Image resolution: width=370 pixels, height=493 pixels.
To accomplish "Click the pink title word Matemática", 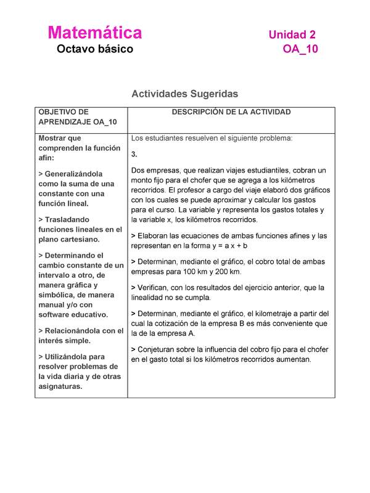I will [x=95, y=32].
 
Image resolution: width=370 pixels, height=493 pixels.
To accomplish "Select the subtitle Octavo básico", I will [x=95, y=49].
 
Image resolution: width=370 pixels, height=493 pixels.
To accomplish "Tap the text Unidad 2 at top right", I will [x=292, y=35].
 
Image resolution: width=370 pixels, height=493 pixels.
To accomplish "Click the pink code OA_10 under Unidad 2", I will [x=300, y=49].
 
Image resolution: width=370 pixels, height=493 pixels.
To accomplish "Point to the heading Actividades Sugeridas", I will [x=184, y=94].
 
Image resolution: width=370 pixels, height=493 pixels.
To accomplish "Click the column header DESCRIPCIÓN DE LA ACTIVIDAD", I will [x=231, y=112].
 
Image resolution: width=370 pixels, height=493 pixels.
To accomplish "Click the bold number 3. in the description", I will [x=134, y=154].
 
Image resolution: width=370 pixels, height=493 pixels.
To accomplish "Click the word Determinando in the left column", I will [x=70, y=255].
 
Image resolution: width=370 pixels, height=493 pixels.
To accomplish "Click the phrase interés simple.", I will [x=64, y=340].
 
